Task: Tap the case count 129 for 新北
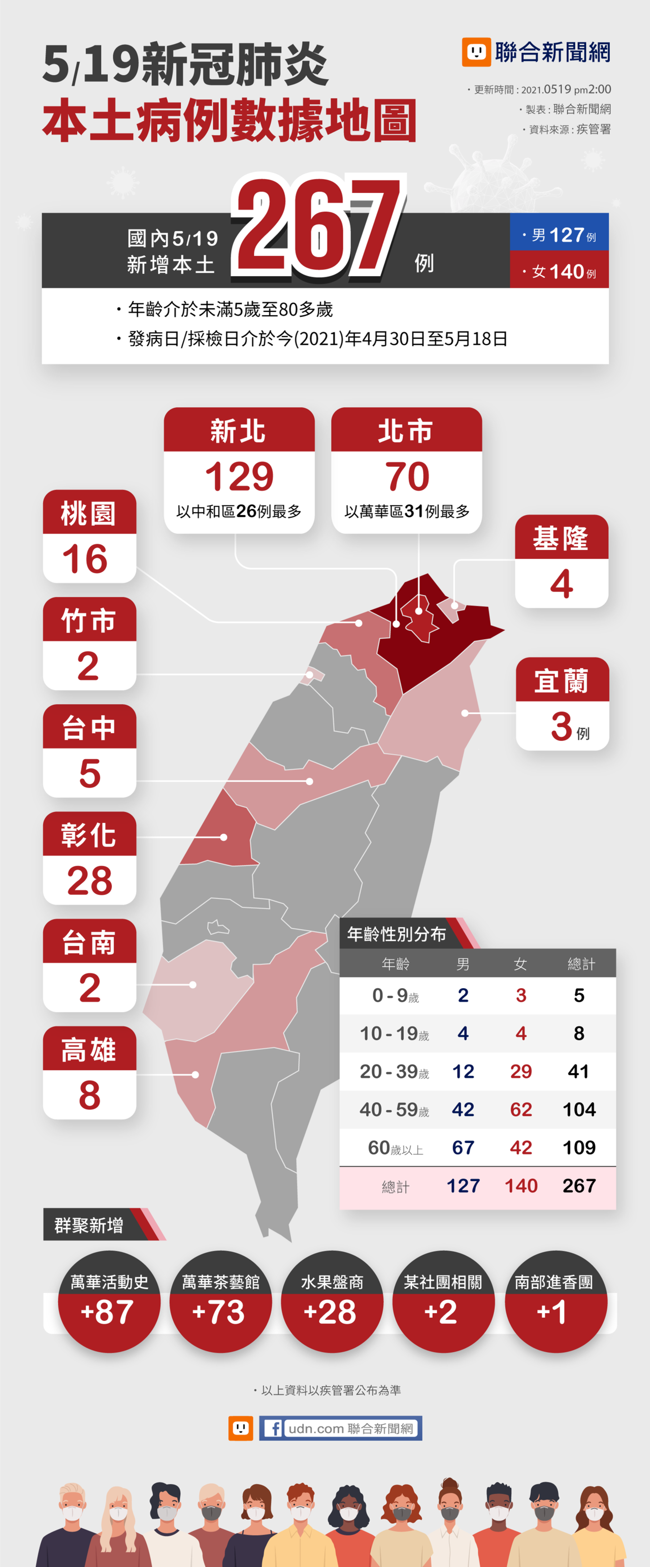tap(239, 476)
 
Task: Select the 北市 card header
tap(406, 431)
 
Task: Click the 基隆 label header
tap(561, 538)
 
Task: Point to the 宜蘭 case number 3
tap(562, 726)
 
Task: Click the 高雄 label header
tap(89, 1050)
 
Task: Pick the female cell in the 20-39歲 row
tap(521, 1071)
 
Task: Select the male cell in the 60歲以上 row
tap(463, 1147)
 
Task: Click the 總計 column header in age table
tap(580, 964)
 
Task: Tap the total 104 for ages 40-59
tap(579, 1109)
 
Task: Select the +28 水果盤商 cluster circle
tap(332, 1302)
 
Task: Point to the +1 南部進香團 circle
tap(555, 1302)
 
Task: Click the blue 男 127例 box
tap(559, 233)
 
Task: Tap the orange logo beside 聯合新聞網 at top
tap(476, 52)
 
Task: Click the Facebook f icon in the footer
tap(273, 1428)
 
